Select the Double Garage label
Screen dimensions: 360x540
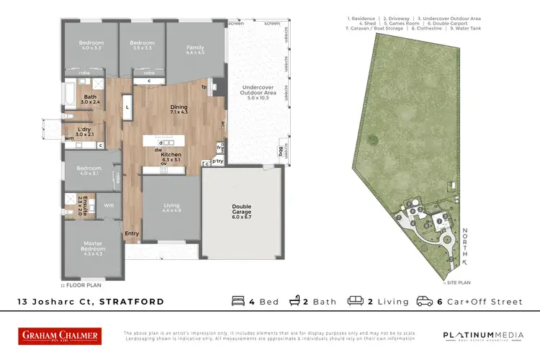tap(241, 210)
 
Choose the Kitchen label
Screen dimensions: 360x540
tap(170, 156)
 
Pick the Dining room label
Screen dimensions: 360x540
tap(178, 108)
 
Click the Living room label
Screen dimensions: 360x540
tap(171, 205)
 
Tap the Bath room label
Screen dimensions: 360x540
tap(90, 97)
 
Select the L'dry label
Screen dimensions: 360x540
tap(84, 130)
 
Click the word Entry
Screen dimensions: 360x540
tap(132, 233)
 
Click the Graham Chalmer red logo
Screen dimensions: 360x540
tap(60, 336)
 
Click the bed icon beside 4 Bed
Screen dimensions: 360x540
tap(239, 301)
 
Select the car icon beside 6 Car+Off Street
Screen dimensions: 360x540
tap(425, 301)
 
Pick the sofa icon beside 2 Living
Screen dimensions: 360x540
tap(355, 301)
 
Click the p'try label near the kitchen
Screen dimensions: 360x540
tap(217, 163)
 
